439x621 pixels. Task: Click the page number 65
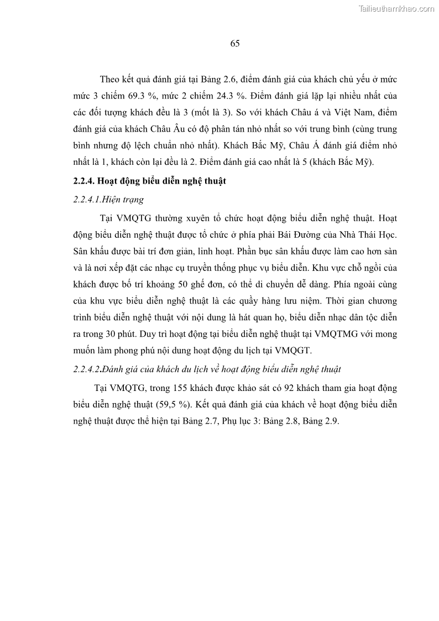coord(234,44)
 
